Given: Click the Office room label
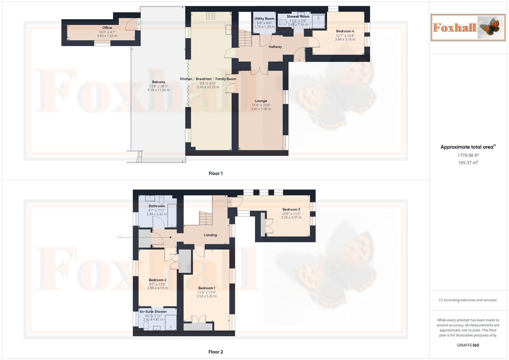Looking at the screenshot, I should click(107, 28).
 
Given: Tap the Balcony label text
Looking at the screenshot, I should click(159, 82).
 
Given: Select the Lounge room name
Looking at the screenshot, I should click(261, 101).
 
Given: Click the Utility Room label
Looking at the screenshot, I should click(264, 19).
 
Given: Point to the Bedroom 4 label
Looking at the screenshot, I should click(345, 31).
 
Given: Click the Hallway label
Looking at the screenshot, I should click(275, 47).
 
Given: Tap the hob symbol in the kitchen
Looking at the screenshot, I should click(210, 15).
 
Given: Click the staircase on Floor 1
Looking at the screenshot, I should click(245, 38).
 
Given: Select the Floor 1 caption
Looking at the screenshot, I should click(216, 173).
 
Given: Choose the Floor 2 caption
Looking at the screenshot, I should click(216, 352).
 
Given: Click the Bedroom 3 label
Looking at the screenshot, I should click(291, 210).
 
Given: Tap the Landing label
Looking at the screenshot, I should click(210, 235).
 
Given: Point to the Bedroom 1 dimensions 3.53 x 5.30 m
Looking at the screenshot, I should click(207, 296).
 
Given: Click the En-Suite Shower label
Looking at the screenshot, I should click(153, 312).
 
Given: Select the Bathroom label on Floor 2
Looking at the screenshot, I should click(157, 206).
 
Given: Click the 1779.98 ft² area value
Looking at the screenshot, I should click(468, 155).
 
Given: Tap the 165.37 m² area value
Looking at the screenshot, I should click(468, 163).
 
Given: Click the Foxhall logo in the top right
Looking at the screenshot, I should click(468, 27).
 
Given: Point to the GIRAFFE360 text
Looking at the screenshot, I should click(468, 345).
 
